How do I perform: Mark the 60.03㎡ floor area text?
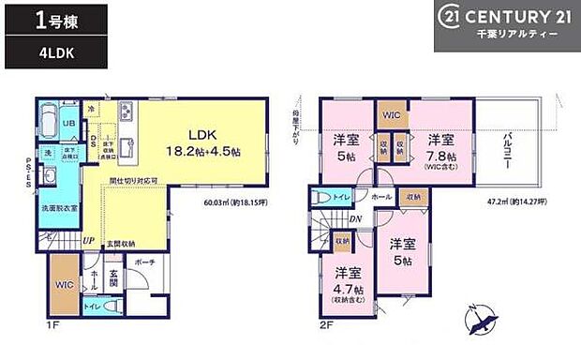point(243,200)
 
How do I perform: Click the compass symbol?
point(484,323)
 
